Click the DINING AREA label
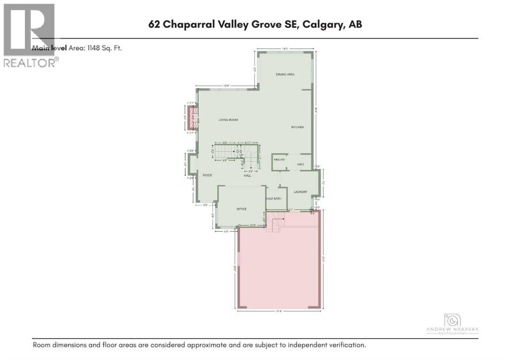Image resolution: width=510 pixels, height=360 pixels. tap(285, 74)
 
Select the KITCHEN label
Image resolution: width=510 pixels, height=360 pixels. tap(297, 127)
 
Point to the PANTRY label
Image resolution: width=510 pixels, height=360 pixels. tap(279, 160)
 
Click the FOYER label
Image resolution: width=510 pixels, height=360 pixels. tap(207, 175)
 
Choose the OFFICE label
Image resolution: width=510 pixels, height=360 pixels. tap(242, 209)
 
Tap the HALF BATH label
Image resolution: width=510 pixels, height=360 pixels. tap(274, 199)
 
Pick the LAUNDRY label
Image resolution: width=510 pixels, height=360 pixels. tap(300, 192)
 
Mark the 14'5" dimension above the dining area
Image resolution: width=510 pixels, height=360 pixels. tap(285, 49)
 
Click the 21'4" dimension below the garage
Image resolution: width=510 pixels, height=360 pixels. tap(279, 312)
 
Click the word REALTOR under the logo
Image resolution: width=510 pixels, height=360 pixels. tap(29, 63)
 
